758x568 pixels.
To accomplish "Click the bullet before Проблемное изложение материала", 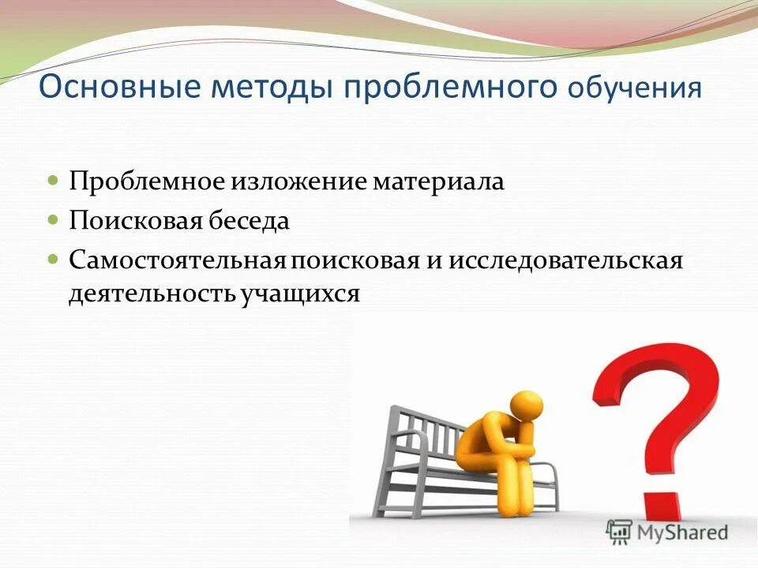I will click(53, 181).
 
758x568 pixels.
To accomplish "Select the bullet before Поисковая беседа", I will click(53, 220).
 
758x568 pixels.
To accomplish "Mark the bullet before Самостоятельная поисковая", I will click(53, 259).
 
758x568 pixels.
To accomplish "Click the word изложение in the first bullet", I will click(298, 181).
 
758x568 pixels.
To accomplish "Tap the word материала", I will click(438, 181).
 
